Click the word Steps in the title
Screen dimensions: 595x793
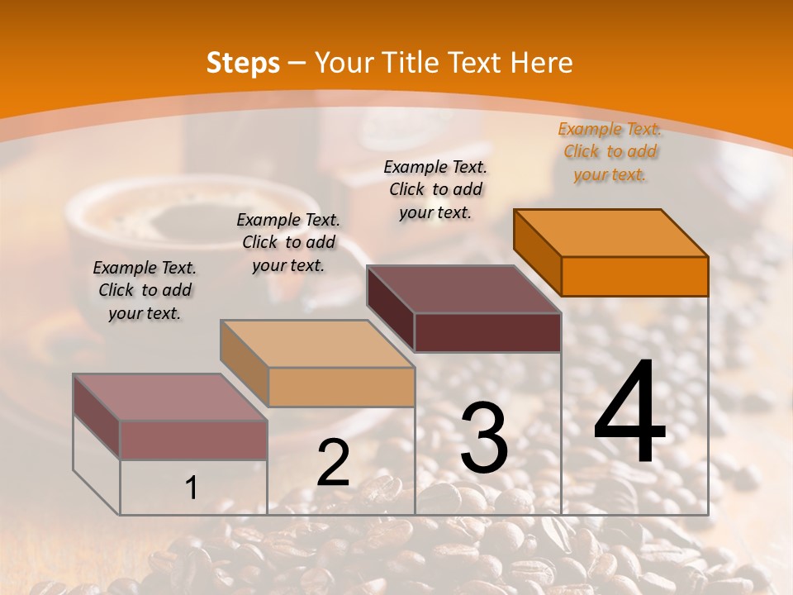(x=243, y=63)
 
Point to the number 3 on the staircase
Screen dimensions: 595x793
(x=483, y=437)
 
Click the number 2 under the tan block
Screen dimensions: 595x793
(x=333, y=463)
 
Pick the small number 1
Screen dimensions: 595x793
(x=192, y=488)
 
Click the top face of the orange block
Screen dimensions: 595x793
(x=611, y=233)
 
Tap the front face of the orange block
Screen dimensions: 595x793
(x=634, y=276)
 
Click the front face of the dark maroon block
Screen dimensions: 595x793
(x=487, y=332)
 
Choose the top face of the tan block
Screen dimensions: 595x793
(x=317, y=344)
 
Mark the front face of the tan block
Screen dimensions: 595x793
(x=341, y=387)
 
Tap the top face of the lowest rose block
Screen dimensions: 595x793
(x=170, y=397)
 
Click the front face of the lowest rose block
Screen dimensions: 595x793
(x=193, y=440)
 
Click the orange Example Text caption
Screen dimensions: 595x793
(x=610, y=151)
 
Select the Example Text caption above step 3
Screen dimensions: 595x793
(x=435, y=189)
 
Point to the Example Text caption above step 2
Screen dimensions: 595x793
(x=288, y=242)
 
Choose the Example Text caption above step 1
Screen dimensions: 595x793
(x=145, y=290)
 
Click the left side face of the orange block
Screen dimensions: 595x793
(x=537, y=252)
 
